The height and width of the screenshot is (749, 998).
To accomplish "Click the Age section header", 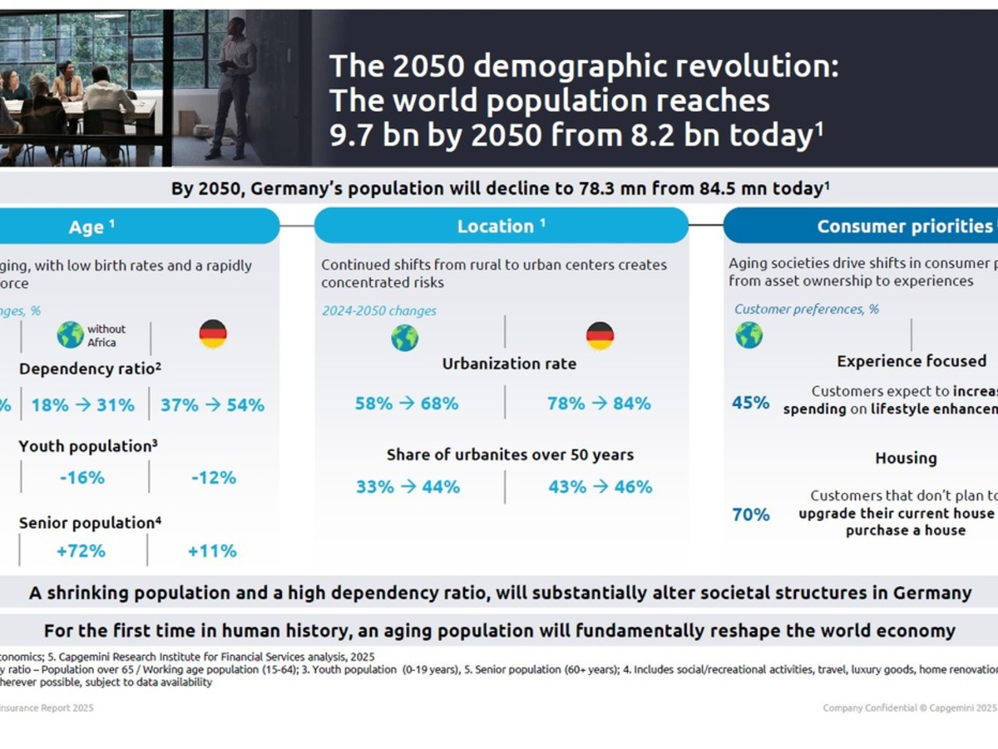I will (91, 226).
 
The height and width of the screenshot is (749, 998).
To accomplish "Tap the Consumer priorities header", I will (904, 226).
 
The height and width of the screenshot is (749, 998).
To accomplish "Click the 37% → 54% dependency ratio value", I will (212, 405).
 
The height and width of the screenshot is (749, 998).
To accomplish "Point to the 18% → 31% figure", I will (83, 405).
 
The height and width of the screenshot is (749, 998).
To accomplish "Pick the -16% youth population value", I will (82, 478).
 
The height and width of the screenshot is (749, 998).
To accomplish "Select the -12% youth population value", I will (213, 478).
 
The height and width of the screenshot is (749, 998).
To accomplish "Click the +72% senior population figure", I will (81, 551).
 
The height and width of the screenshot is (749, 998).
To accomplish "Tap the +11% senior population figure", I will (212, 551).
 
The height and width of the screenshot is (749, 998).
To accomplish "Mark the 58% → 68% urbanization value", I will (407, 404).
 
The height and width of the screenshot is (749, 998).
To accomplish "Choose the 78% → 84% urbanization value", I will (599, 404).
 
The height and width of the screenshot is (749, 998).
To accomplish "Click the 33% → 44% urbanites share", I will (408, 487).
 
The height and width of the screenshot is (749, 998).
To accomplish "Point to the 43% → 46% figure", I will (600, 487).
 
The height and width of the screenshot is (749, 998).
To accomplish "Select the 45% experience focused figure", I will (750, 403).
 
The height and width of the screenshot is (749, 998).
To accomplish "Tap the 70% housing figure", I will (750, 515).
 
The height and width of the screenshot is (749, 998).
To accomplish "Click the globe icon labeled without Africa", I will (71, 335).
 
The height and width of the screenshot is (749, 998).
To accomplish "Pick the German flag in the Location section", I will (600, 336).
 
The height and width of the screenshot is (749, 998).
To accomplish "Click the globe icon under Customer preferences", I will (748, 335).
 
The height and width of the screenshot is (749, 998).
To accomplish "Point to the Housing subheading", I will (906, 459).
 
